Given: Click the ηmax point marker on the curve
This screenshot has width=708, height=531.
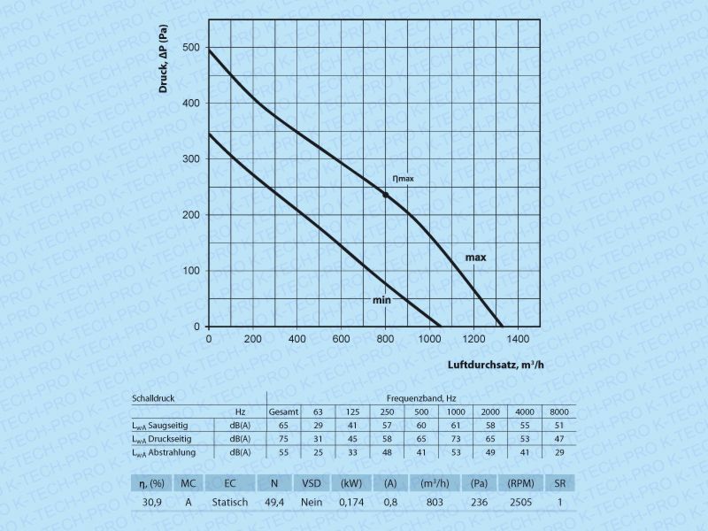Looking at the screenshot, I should (385, 195).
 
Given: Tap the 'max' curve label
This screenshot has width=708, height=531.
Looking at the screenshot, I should (476, 257).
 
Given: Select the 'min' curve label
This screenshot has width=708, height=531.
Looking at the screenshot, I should (381, 301).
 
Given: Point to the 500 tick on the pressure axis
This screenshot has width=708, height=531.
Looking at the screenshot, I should (191, 47).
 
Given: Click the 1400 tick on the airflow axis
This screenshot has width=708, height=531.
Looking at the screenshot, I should (518, 338).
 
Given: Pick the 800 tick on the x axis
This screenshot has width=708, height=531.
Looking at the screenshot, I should (385, 338).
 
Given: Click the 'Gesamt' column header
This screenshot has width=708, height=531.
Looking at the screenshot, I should (284, 412).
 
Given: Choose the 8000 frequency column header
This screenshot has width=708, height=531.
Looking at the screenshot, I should (558, 412).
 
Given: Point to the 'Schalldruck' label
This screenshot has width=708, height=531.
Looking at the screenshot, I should (155, 398).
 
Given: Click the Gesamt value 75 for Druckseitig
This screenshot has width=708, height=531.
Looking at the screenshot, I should (283, 439).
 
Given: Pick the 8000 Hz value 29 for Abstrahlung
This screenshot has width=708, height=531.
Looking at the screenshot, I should (558, 452).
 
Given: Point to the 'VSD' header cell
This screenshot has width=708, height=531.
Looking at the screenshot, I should (312, 483).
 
